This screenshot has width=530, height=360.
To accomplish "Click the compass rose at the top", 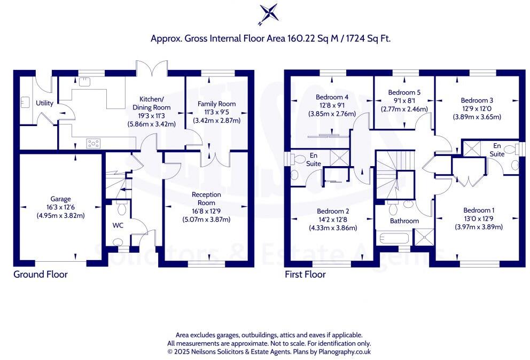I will (x=269, y=13).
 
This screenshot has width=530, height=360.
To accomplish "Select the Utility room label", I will (x=44, y=103).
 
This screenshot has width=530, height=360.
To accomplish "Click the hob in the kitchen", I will (x=93, y=143).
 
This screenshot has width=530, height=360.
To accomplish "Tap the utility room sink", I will (x=25, y=101).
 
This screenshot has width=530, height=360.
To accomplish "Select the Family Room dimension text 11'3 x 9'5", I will (x=216, y=112).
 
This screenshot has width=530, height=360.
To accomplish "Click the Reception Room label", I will (x=206, y=199).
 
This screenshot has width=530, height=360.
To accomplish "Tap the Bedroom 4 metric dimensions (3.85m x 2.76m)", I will (x=332, y=114).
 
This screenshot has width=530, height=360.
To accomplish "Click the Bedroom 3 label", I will (x=477, y=100).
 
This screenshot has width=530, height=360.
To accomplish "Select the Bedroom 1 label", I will (x=479, y=210).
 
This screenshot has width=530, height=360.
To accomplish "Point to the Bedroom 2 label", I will (x=332, y=210).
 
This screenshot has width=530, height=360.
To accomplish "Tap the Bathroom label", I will (x=404, y=221).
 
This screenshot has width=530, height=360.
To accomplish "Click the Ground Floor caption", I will (x=41, y=275).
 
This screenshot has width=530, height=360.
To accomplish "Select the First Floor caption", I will (x=306, y=275).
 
